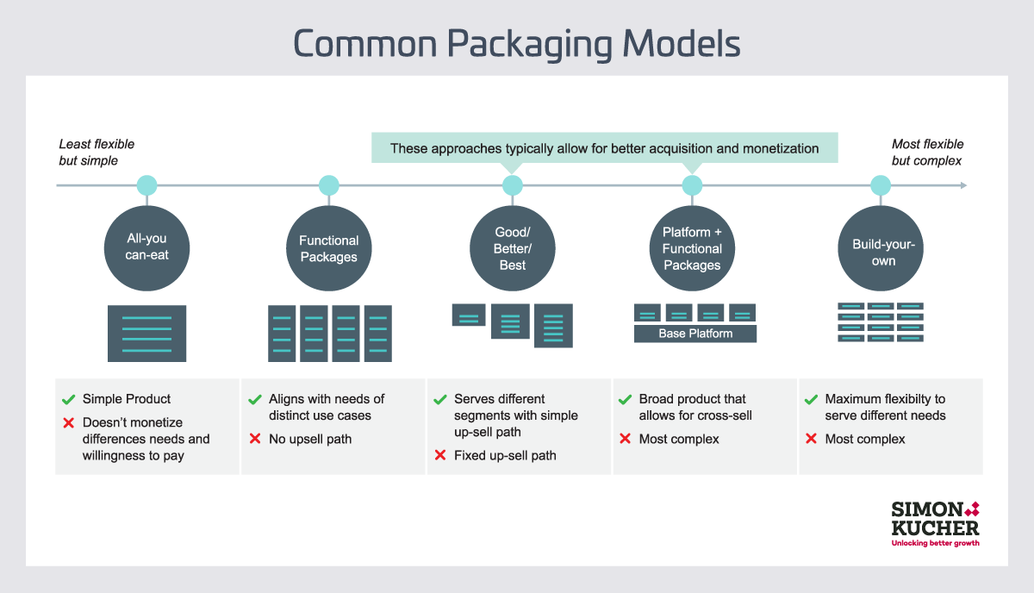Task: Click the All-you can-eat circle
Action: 146,248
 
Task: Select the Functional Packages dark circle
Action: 329,248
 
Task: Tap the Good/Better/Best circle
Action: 513,248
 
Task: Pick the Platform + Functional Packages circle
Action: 692,248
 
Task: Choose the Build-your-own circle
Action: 880,248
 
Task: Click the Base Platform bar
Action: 695,334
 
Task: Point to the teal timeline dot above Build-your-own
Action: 880,185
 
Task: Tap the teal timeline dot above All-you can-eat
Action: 146,185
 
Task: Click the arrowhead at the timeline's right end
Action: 962,185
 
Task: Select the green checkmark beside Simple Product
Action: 68,400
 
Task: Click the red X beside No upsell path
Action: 255,440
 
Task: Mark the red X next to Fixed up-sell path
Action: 440,456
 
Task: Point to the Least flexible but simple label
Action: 97,153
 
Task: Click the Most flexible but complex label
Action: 927,153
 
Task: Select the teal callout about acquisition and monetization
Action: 604,148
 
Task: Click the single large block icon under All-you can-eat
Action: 146,334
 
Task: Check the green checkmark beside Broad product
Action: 626,400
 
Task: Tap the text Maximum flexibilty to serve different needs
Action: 885,408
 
